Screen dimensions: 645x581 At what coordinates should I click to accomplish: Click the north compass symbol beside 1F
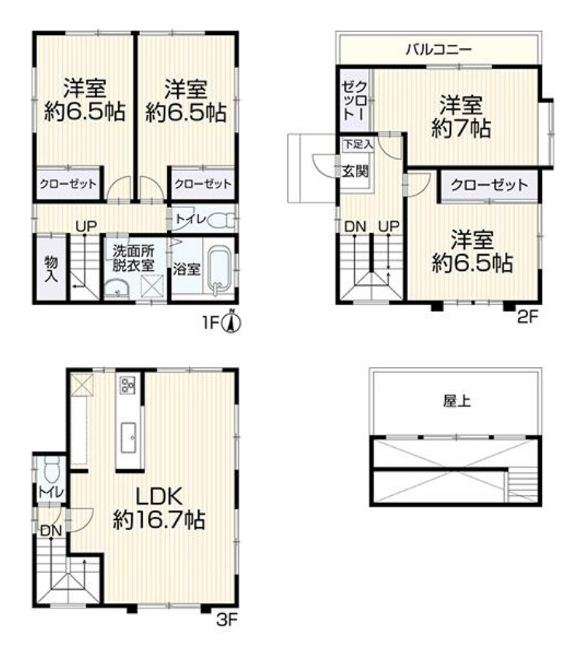click(x=231, y=321)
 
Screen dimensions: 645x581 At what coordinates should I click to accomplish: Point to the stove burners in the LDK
click(x=128, y=384)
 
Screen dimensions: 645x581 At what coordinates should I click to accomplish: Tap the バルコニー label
click(x=438, y=50)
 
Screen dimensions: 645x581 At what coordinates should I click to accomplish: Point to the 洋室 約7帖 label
click(x=461, y=116)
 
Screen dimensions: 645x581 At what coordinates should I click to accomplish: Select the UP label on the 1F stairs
click(x=85, y=226)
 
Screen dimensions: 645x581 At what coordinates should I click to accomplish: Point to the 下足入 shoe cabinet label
click(x=358, y=144)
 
